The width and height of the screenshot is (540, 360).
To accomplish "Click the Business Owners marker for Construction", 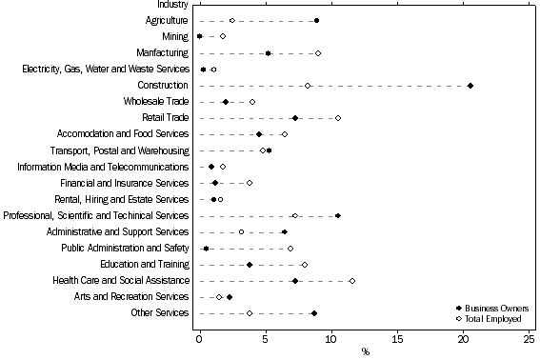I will pos(470,86).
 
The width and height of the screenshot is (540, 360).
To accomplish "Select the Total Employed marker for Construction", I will pos(308,86).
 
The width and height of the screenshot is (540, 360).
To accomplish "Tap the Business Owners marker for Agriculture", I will pos(316,20).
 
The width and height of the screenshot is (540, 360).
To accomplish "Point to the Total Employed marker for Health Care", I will pos(352,281).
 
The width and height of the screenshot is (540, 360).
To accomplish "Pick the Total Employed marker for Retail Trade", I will pos(338,118).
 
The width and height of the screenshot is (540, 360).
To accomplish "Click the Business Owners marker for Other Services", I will pos(314,313).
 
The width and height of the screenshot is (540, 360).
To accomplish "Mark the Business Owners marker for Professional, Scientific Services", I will pos(338,216).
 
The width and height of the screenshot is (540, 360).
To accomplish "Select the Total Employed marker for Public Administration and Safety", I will pos(290,249).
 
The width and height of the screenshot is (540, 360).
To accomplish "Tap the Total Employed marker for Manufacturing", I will pos(318,53).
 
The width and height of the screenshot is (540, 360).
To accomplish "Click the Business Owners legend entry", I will pos(493,309).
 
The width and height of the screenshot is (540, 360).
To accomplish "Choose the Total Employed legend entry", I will pos(493,319).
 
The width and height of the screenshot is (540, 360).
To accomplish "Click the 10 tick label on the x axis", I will pos(331,338).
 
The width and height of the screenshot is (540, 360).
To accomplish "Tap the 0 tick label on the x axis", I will pos(199,338).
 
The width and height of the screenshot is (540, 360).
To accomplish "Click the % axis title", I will pos(365,351).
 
